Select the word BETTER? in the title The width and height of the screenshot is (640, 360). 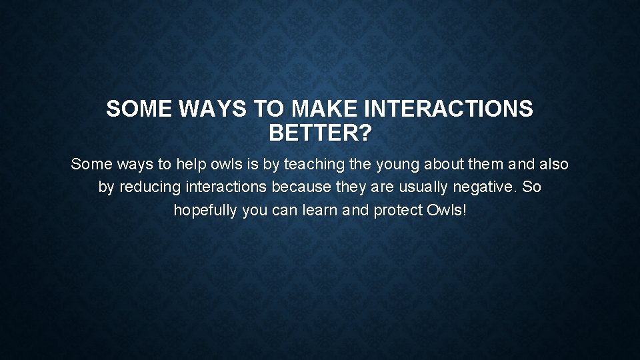320,133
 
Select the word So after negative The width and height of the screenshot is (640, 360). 532,187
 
